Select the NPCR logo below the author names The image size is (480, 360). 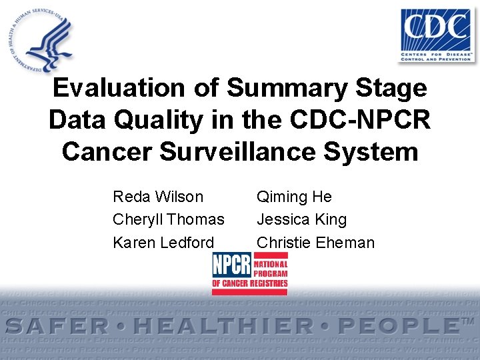[250, 273]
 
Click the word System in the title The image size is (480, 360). [373, 151]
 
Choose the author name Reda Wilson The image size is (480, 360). [158, 197]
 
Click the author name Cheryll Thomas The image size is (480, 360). [169, 219]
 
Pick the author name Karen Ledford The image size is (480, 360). [163, 243]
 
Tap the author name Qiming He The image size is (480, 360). [294, 197]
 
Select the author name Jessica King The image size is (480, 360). [301, 219]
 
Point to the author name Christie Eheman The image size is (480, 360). [315, 243]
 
